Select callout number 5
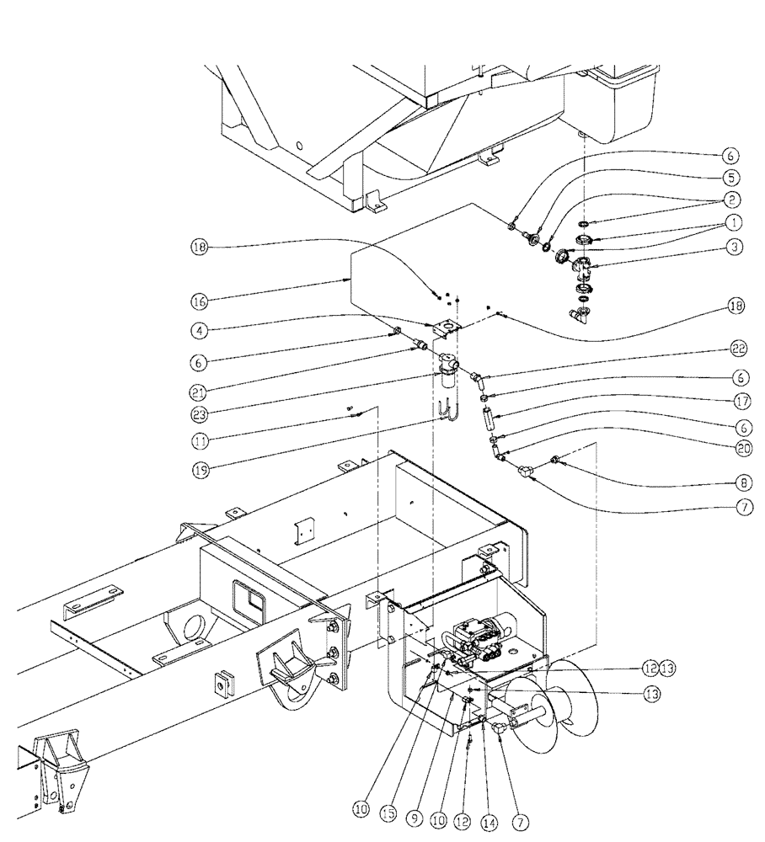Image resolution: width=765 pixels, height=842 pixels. pos(730,178)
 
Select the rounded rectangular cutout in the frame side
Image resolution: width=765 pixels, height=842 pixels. pos(250,599)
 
